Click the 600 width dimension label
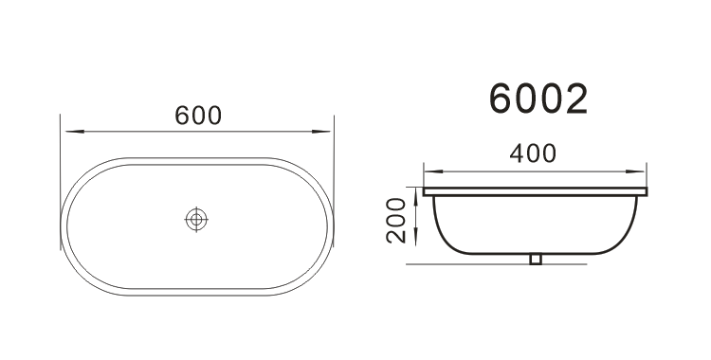[x=198, y=116]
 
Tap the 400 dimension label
[x=533, y=153]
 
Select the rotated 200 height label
[x=396, y=221]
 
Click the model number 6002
[x=538, y=99]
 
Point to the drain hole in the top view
[x=196, y=220]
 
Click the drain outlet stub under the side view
[x=536, y=259]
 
